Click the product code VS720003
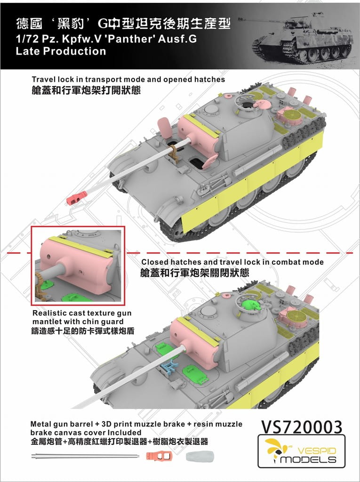pyautogui.click(x=301, y=427)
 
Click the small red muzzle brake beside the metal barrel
pyautogui.click(x=162, y=456)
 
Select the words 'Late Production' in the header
pyautogui.click(x=61, y=51)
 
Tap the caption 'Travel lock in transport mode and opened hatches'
pyautogui.click(x=128, y=80)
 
